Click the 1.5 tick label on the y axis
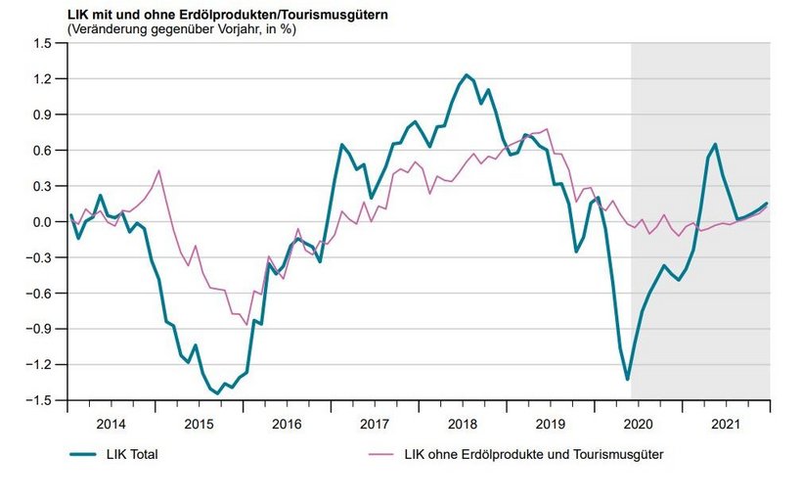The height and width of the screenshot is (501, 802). pos(41,43)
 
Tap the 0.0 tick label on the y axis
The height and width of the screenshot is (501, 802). pos(41,222)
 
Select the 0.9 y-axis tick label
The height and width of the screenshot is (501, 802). pos(41,114)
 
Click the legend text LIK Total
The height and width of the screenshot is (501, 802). pos(132,454)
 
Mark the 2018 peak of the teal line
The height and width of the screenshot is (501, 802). pos(467,74)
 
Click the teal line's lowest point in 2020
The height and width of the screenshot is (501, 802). pos(627,380)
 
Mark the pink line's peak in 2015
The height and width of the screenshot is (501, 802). pos(158,171)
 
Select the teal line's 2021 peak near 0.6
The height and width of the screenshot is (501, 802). pos(715,144)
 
